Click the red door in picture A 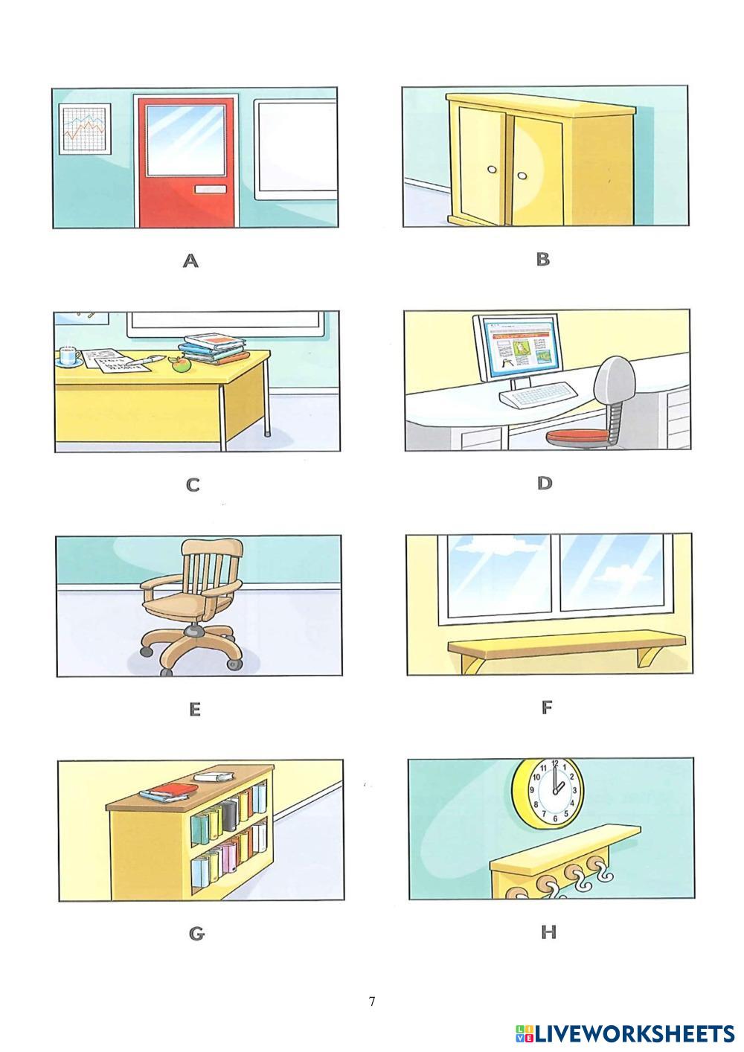pyautogui.click(x=187, y=162)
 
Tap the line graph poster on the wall pyautogui.click(x=85, y=128)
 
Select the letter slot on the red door pyautogui.click(x=211, y=189)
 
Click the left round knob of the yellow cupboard pyautogui.click(x=492, y=170)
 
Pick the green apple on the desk pyautogui.click(x=180, y=364)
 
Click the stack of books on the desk pyautogui.click(x=213, y=348)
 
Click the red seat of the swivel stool pyautogui.click(x=577, y=436)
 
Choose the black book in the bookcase pyautogui.click(x=230, y=815)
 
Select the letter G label pyautogui.click(x=197, y=935)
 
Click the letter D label pyautogui.click(x=545, y=484)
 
